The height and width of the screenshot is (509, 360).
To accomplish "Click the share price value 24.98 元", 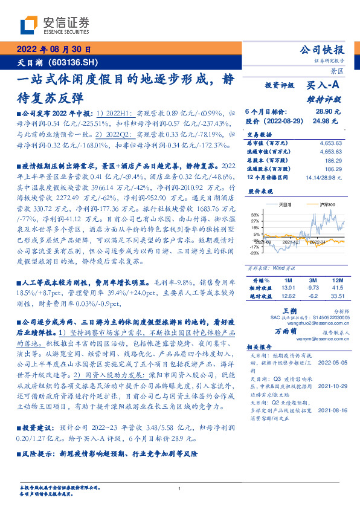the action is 329,121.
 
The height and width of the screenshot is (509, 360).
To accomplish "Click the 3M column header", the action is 312,281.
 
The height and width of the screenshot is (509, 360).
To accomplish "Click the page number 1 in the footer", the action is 180,489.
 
